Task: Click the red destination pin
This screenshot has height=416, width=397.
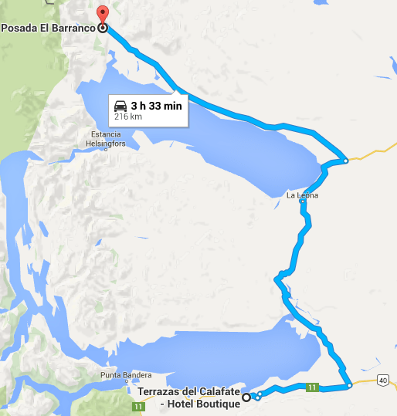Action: pos(102,14)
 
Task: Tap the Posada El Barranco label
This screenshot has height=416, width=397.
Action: pos(48,28)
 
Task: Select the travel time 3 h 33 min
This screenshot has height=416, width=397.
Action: pos(157,106)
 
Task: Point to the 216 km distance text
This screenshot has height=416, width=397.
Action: pos(128,117)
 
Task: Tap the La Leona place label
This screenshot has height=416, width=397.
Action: pos(302,196)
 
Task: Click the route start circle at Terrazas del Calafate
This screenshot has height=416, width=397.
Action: pos(246,397)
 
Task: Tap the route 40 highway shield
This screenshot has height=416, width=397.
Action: pos(383,380)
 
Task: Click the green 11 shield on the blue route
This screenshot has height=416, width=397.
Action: pos(311,386)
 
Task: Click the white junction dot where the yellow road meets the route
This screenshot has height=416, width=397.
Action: pos(346,161)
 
